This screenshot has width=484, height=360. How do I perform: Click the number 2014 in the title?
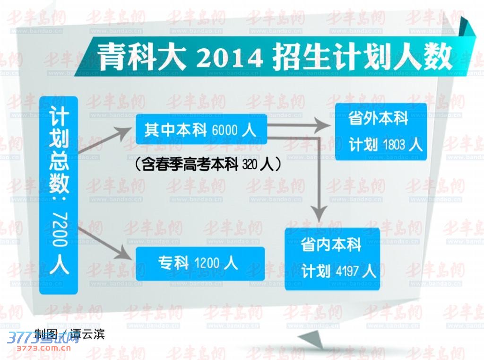tap(229, 57)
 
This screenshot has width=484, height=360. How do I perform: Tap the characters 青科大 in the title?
tap(142, 56)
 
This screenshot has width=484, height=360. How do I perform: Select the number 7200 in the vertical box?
tap(60, 229)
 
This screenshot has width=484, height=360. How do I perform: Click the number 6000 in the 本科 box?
tap(225, 130)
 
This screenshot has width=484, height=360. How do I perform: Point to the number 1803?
tap(394, 144)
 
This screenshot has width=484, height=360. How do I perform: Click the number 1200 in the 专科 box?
tap(207, 263)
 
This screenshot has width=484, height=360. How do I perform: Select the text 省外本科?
tap(378, 118)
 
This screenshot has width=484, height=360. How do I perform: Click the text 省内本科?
tap(331, 245)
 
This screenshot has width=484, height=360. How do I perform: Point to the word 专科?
tap(173, 263)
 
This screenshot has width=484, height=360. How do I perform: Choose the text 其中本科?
tap(176, 130)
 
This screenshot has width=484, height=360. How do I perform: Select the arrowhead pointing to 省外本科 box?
tap(322, 125)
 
